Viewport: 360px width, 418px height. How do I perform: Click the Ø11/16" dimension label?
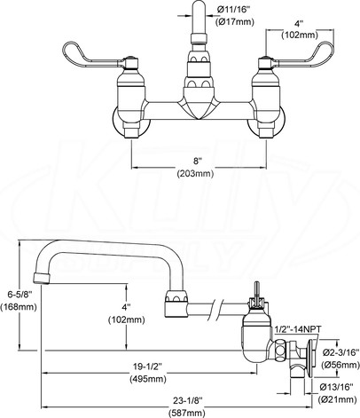point(234,10)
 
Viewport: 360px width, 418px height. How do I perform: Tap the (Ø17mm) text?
point(234,22)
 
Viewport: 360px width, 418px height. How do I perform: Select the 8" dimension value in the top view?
point(197,162)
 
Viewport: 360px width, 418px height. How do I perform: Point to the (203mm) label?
point(195,174)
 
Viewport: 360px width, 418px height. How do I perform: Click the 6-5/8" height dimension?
point(20,295)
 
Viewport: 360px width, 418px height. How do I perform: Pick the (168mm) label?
point(19,307)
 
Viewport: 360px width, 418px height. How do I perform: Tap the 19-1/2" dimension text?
point(147,367)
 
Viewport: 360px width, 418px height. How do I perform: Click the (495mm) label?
point(148,379)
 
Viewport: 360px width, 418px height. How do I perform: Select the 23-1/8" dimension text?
point(187,400)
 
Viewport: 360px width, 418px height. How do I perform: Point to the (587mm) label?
point(187,413)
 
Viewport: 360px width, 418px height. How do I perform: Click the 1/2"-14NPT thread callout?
point(298,329)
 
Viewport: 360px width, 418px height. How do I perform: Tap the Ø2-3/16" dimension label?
point(340,352)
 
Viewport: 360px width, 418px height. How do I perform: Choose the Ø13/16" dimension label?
point(337,387)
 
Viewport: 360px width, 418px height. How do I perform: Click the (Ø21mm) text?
point(337,399)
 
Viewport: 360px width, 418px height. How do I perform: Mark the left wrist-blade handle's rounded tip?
point(67,48)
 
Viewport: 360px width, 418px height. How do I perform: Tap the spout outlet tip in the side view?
point(41,279)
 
